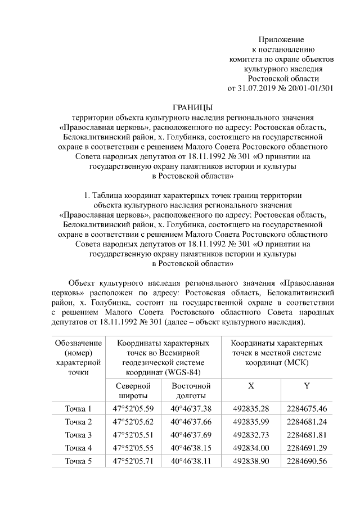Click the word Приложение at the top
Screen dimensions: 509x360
point(281,40)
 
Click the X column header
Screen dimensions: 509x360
point(250,386)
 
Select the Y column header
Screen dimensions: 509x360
point(307,386)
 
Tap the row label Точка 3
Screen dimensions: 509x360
point(78,435)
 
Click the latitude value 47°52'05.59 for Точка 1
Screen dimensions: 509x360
point(133,408)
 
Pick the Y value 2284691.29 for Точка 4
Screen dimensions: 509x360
point(307,448)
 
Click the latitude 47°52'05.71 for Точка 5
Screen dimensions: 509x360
point(133,462)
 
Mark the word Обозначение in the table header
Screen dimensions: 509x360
point(78,343)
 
